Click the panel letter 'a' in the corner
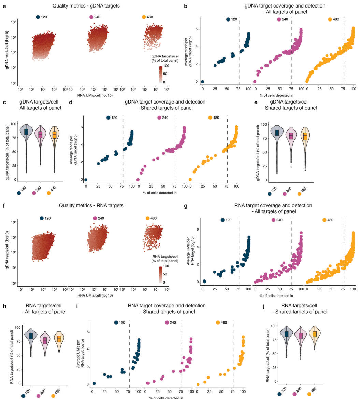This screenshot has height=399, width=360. (4, 6)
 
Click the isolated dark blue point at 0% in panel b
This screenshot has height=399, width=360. (202, 82)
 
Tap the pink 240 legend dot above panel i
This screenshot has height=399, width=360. (167, 322)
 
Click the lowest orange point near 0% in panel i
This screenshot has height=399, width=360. (198, 384)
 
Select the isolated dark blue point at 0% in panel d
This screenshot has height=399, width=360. (86, 180)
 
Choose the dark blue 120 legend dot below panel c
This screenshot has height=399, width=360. (19, 193)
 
